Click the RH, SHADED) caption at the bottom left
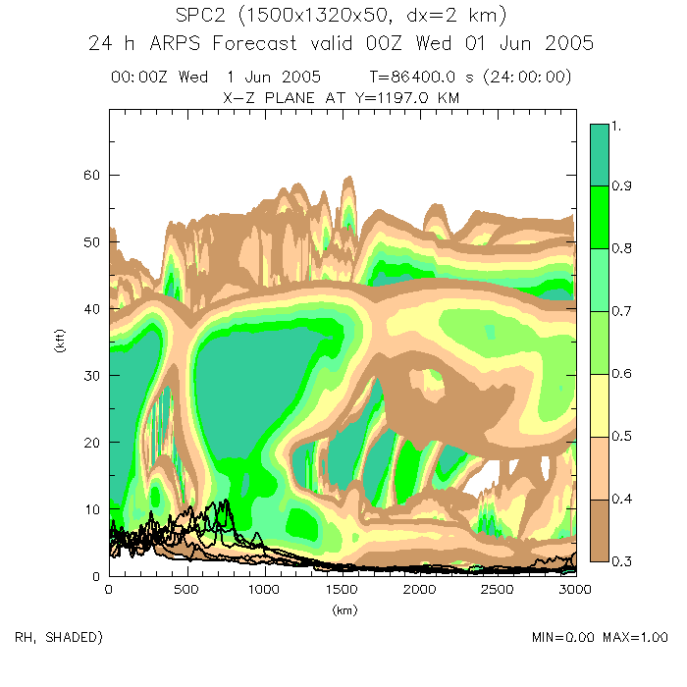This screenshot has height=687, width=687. [58, 638]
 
